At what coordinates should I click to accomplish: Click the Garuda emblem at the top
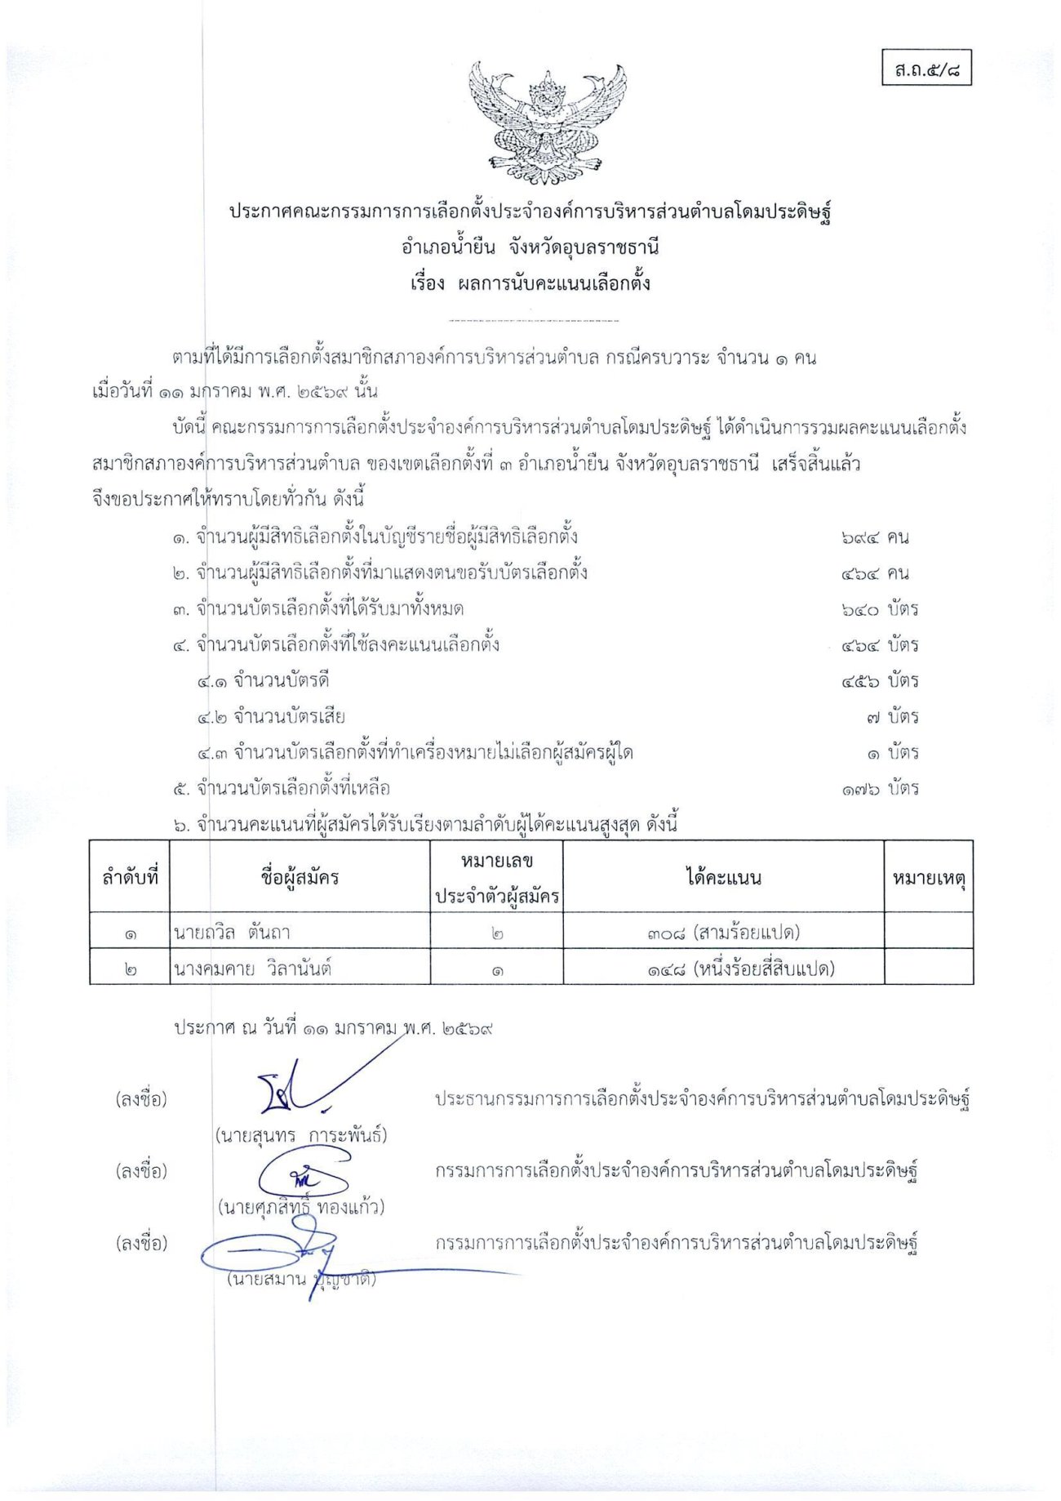point(547,122)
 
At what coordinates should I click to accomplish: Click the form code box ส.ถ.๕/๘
point(926,69)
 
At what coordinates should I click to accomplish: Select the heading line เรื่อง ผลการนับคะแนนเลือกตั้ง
point(530,284)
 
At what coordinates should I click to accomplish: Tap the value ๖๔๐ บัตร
point(880,609)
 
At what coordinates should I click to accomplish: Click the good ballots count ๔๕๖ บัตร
point(880,681)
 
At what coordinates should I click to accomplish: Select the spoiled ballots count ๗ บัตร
point(892,717)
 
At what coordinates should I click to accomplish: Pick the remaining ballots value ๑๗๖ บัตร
point(880,789)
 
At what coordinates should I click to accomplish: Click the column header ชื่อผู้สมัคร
point(300,878)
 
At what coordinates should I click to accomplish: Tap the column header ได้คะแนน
point(723,878)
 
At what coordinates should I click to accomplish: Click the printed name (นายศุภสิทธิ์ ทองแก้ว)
point(301,1207)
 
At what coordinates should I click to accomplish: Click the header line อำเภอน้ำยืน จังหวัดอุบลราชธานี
point(530,247)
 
